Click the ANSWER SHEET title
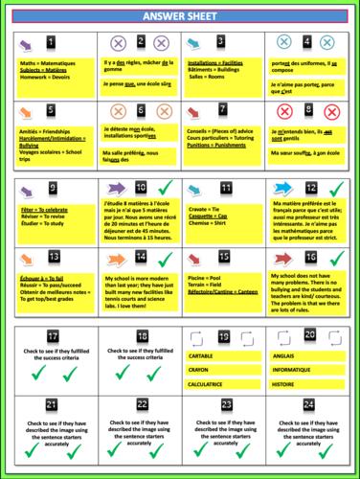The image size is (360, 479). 180,17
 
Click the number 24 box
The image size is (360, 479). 308,404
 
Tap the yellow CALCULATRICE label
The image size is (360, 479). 210,383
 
